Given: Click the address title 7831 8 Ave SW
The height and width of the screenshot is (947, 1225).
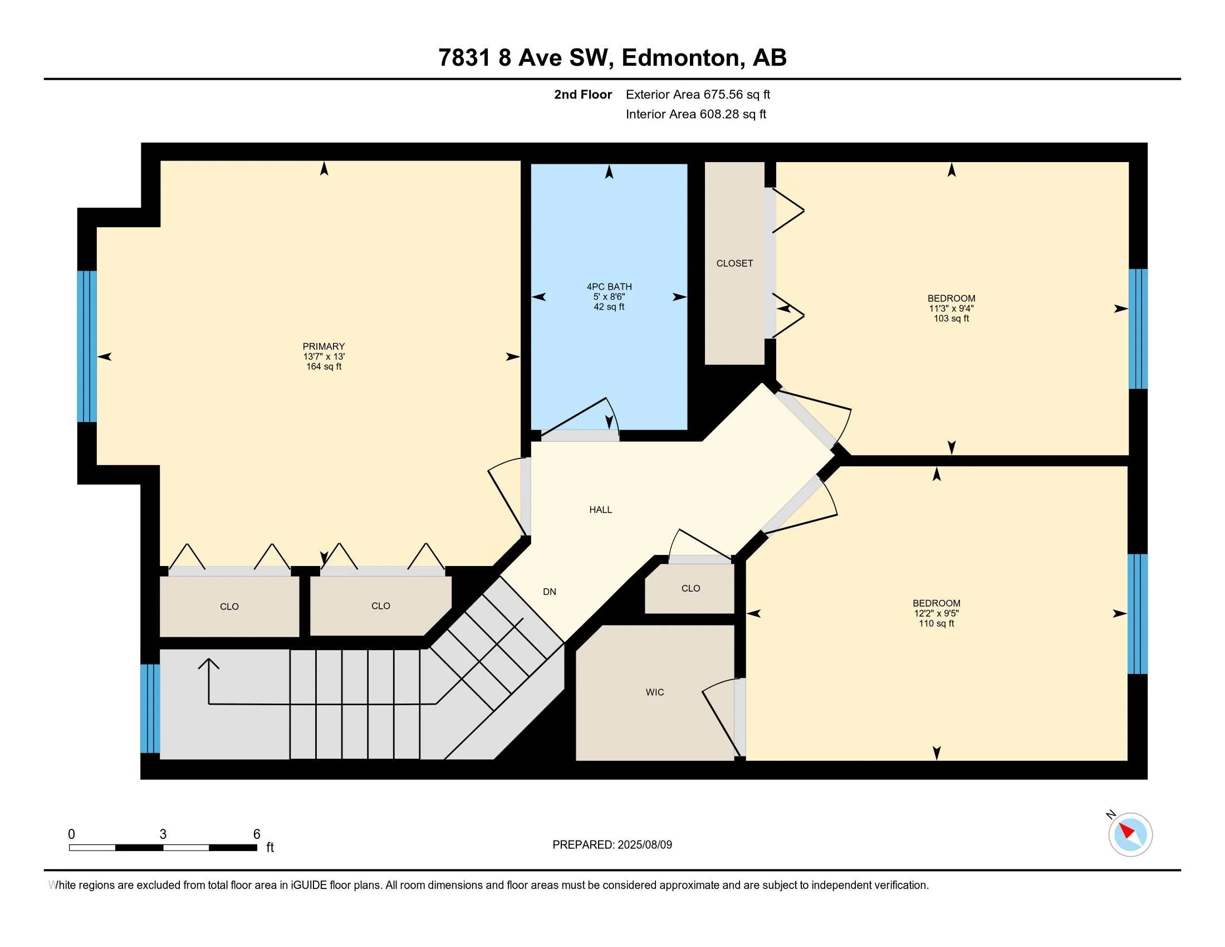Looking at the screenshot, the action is point(524,58).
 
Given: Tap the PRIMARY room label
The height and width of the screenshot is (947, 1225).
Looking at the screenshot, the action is point(324,346).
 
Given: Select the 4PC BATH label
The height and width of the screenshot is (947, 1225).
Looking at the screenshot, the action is point(609,287).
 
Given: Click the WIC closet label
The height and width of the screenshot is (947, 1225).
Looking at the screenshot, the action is point(655,692).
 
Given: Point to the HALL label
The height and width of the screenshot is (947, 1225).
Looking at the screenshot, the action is point(600,510).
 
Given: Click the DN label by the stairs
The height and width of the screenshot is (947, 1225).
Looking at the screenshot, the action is point(550,592).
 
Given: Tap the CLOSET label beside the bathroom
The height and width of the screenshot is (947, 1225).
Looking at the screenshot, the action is point(734,263).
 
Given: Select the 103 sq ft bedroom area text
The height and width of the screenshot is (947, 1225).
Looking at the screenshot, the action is point(951,319).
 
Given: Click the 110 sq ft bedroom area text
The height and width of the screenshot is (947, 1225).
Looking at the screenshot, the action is point(936,623).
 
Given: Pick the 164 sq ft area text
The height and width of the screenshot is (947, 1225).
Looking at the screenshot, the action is point(324,367).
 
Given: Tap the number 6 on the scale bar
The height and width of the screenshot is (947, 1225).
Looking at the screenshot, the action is point(257,834).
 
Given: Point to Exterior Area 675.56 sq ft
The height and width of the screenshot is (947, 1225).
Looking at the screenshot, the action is point(698,95).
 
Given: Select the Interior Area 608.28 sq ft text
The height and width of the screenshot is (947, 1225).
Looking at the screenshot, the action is point(695,114).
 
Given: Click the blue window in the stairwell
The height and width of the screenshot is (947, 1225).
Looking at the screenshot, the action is point(150,709).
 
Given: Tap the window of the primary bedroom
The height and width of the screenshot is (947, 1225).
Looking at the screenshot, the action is point(87,346).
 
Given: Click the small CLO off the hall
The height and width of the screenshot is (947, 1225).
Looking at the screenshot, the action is point(690,588).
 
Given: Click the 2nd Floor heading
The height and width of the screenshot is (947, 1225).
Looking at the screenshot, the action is point(583,95).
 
